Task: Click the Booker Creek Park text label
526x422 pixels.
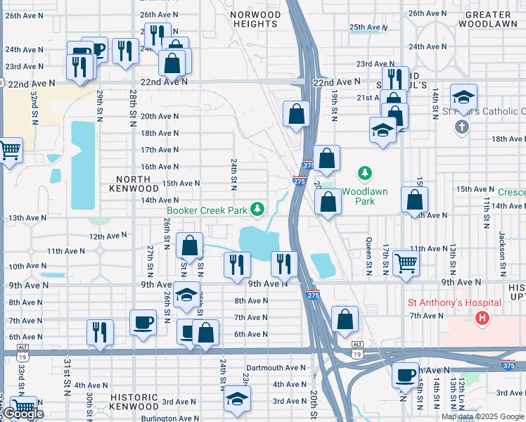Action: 207,210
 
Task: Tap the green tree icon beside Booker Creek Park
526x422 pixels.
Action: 258,209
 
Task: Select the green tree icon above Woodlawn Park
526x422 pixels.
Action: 364,172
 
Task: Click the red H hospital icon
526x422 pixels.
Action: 482,319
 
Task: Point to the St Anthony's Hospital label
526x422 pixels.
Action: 454,302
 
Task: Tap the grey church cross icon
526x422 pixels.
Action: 461,127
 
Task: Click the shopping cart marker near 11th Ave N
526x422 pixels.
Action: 406,263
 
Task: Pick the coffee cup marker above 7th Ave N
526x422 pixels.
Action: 143,323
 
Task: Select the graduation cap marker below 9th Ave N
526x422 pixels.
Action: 186,295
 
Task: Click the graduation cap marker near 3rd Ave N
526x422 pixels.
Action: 237,399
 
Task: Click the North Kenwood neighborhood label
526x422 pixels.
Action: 134,184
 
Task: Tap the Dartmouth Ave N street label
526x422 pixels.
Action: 276,368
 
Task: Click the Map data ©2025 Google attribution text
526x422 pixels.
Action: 482,416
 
